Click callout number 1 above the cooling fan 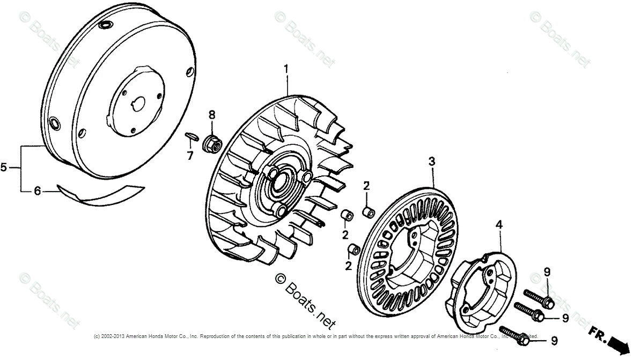point(286,69)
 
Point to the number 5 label point(4,168)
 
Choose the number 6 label point(38,190)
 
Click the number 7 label point(189,155)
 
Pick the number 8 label point(211,115)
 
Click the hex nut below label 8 point(211,143)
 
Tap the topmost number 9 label point(547,273)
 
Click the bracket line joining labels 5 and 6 point(21,168)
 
